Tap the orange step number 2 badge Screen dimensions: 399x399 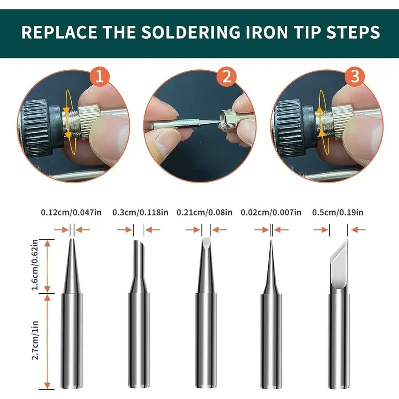tap(226, 77)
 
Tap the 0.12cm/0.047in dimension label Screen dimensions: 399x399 tap(71, 212)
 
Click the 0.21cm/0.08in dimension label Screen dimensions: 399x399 tap(204, 212)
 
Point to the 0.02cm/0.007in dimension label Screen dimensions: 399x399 tap(271, 212)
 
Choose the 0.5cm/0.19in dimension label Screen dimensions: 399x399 tap(338, 212)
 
